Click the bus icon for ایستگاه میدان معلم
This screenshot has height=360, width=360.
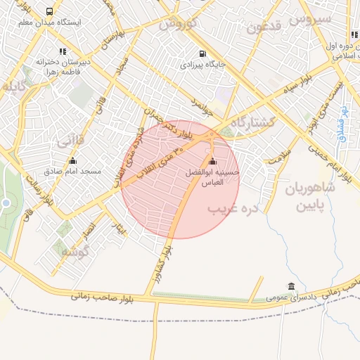click(49, 12)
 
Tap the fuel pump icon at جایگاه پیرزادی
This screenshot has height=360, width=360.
click(203, 53)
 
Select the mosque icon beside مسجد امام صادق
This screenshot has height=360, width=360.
click(72, 161)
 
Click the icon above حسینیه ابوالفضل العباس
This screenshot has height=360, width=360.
click(212, 162)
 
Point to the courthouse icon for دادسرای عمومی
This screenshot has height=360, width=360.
click(291, 286)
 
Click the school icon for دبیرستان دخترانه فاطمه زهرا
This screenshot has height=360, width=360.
click(63, 51)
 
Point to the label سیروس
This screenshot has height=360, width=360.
click(313, 20)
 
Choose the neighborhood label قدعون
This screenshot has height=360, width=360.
click(264, 27)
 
